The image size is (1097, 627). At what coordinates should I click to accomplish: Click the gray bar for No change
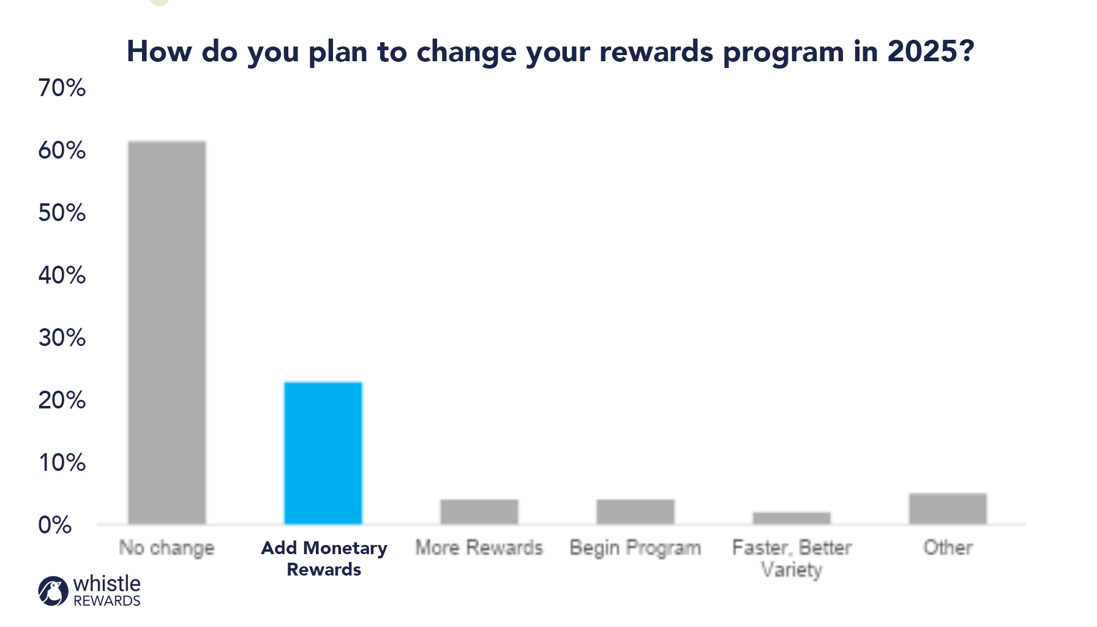(167, 332)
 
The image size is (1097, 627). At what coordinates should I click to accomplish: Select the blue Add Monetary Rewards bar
(323, 453)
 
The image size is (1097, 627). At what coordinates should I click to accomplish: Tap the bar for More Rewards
(479, 512)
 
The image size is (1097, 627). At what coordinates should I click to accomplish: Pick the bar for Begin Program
(635, 512)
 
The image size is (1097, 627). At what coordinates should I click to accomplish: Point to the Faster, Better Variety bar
(792, 518)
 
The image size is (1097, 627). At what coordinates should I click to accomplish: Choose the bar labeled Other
(948, 509)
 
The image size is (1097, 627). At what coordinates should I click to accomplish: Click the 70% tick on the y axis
(62, 88)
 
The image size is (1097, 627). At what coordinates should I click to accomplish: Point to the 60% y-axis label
(62, 151)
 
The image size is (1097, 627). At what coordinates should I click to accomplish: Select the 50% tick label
(62, 213)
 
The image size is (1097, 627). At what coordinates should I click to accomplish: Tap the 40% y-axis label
(62, 276)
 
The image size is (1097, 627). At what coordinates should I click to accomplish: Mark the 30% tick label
(62, 338)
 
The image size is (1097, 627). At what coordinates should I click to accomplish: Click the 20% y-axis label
(62, 400)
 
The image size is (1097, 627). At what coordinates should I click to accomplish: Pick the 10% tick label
(62, 463)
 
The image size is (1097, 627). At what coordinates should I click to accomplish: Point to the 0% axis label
(55, 525)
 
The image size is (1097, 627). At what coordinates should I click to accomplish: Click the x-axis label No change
(167, 548)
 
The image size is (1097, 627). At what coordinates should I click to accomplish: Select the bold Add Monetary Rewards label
(324, 558)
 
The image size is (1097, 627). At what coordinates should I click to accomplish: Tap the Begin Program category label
(635, 548)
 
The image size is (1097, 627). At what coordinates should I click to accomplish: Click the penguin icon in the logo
(53, 591)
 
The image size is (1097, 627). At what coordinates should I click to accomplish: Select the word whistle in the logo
(107, 584)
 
